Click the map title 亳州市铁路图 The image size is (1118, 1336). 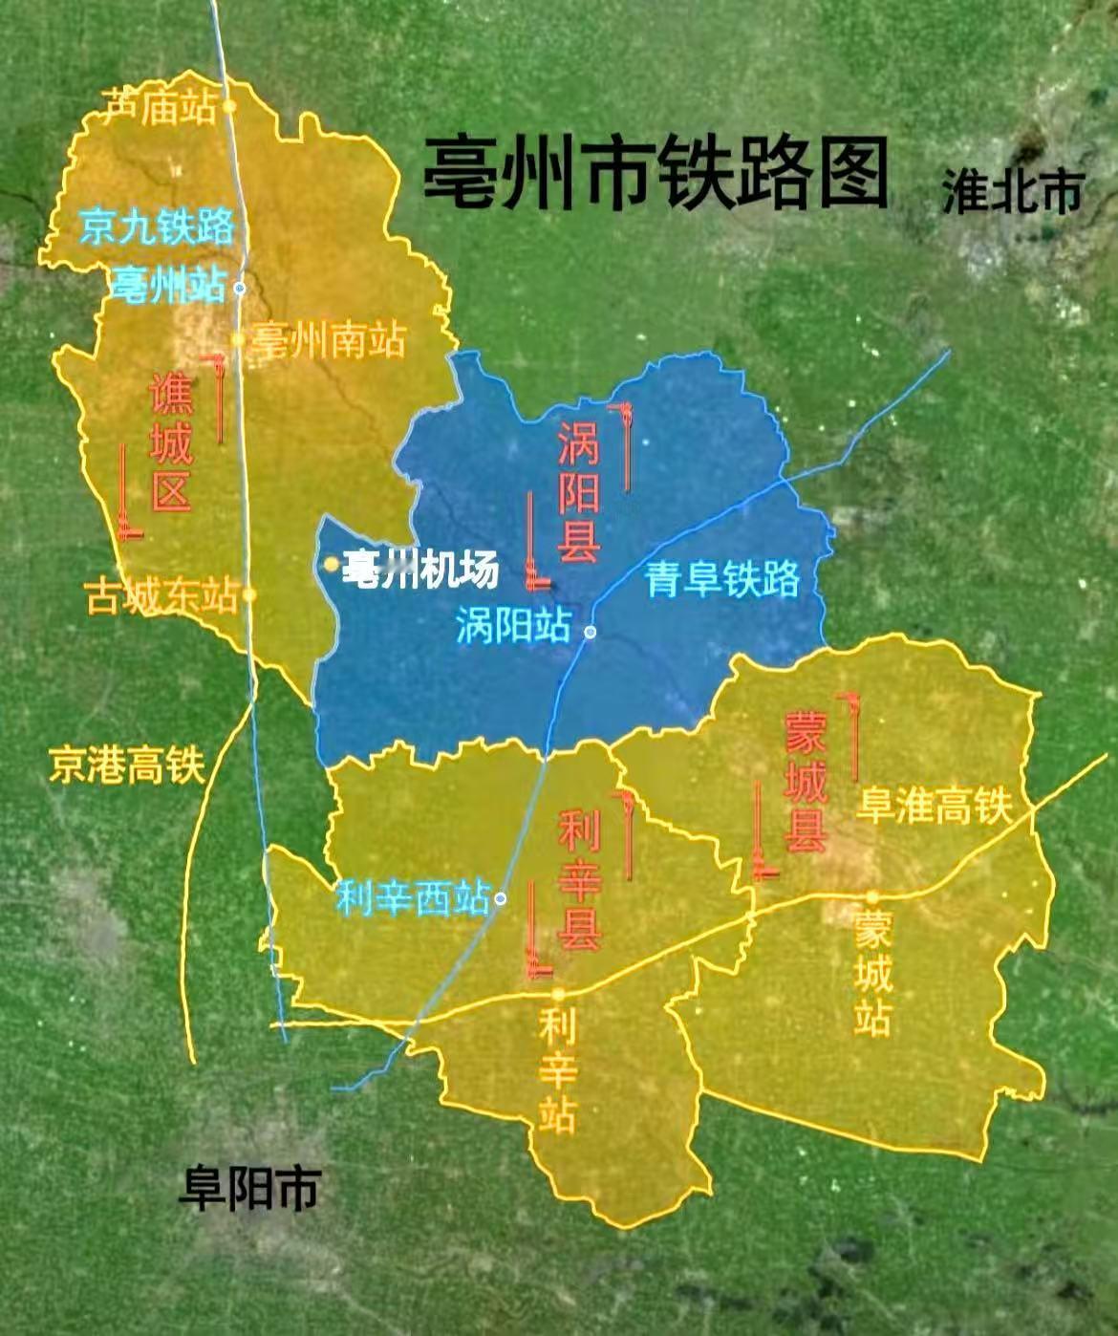point(656,172)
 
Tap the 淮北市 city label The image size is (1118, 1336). point(1012,191)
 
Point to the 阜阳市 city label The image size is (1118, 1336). point(248,1188)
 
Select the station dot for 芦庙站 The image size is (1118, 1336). point(229,107)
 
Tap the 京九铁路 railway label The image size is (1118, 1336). point(157,227)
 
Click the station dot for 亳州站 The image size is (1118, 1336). point(241,287)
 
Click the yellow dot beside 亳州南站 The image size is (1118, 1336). point(239,339)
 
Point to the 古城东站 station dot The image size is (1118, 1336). point(249,594)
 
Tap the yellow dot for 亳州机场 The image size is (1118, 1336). point(331,565)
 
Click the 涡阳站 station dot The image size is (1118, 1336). point(591,632)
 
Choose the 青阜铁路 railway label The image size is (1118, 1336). point(722,579)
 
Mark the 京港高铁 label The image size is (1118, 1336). point(127,765)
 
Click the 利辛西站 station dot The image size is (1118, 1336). point(501,898)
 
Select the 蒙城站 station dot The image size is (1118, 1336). point(872,896)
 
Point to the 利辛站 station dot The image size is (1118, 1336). point(559,993)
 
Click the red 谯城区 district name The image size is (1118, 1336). point(171,442)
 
